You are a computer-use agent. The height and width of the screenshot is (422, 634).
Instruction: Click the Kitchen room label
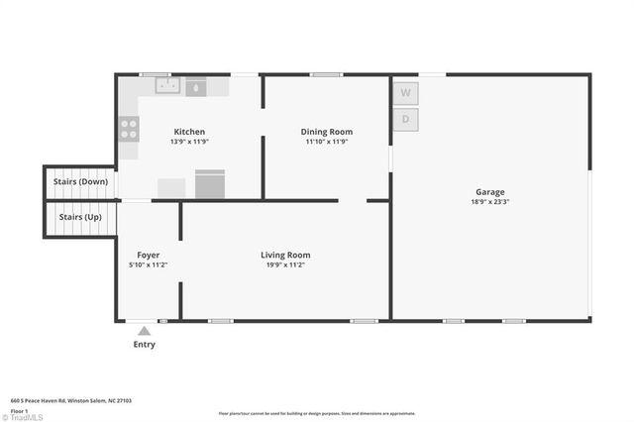[189, 132]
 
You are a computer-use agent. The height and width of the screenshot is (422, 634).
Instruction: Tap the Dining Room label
[326, 132]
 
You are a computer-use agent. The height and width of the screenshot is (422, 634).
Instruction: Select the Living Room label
[285, 255]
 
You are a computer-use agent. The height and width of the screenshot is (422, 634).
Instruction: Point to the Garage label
[489, 191]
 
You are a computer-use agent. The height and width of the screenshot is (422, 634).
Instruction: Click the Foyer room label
[149, 255]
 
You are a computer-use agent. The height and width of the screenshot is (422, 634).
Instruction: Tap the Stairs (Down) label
[80, 182]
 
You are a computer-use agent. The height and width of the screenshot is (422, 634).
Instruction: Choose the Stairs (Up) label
[80, 216]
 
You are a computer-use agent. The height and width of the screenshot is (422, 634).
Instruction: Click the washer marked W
[405, 93]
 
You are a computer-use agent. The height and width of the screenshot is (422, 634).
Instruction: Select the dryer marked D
[405, 120]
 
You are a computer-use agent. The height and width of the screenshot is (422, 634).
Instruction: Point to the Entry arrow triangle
[144, 331]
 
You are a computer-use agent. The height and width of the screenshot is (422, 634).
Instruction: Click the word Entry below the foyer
[144, 345]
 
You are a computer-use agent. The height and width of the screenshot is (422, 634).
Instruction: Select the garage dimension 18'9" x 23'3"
[489, 201]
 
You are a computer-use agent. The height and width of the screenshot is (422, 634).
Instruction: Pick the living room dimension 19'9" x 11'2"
[285, 264]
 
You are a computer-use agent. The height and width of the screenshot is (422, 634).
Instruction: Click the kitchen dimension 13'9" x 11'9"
[189, 142]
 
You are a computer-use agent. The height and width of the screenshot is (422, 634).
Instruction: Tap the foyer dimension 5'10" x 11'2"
[149, 264]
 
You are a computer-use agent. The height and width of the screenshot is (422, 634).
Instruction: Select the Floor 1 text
[19, 410]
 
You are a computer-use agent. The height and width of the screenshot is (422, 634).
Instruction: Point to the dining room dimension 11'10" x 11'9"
[326, 142]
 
